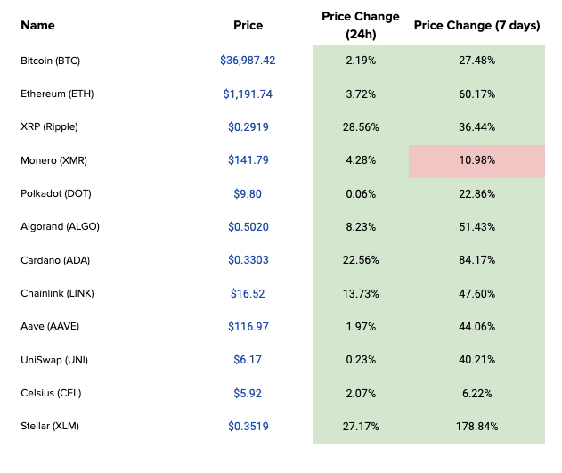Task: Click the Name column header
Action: [x=37, y=26]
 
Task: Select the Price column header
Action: [x=248, y=26]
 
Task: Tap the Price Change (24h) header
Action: [x=361, y=26]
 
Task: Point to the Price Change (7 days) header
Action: [x=476, y=26]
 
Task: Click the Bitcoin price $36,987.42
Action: [x=248, y=61]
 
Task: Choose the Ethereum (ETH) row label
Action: [x=57, y=94]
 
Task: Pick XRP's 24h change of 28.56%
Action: [x=361, y=127]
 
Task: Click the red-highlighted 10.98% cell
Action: [x=476, y=160]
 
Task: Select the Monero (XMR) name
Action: [x=53, y=160]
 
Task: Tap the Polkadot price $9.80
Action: [x=248, y=194]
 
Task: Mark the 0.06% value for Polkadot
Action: [x=361, y=194]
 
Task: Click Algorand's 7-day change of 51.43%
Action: [x=476, y=227]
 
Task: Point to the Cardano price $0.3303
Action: [x=248, y=260]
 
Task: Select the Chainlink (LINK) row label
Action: [x=57, y=293]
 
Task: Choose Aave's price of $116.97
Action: [x=248, y=326]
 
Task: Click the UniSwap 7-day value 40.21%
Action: [x=476, y=360]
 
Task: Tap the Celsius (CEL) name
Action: [x=51, y=393]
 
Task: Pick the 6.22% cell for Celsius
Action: [x=476, y=394]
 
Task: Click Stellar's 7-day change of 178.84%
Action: [x=476, y=427]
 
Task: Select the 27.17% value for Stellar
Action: [x=361, y=427]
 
